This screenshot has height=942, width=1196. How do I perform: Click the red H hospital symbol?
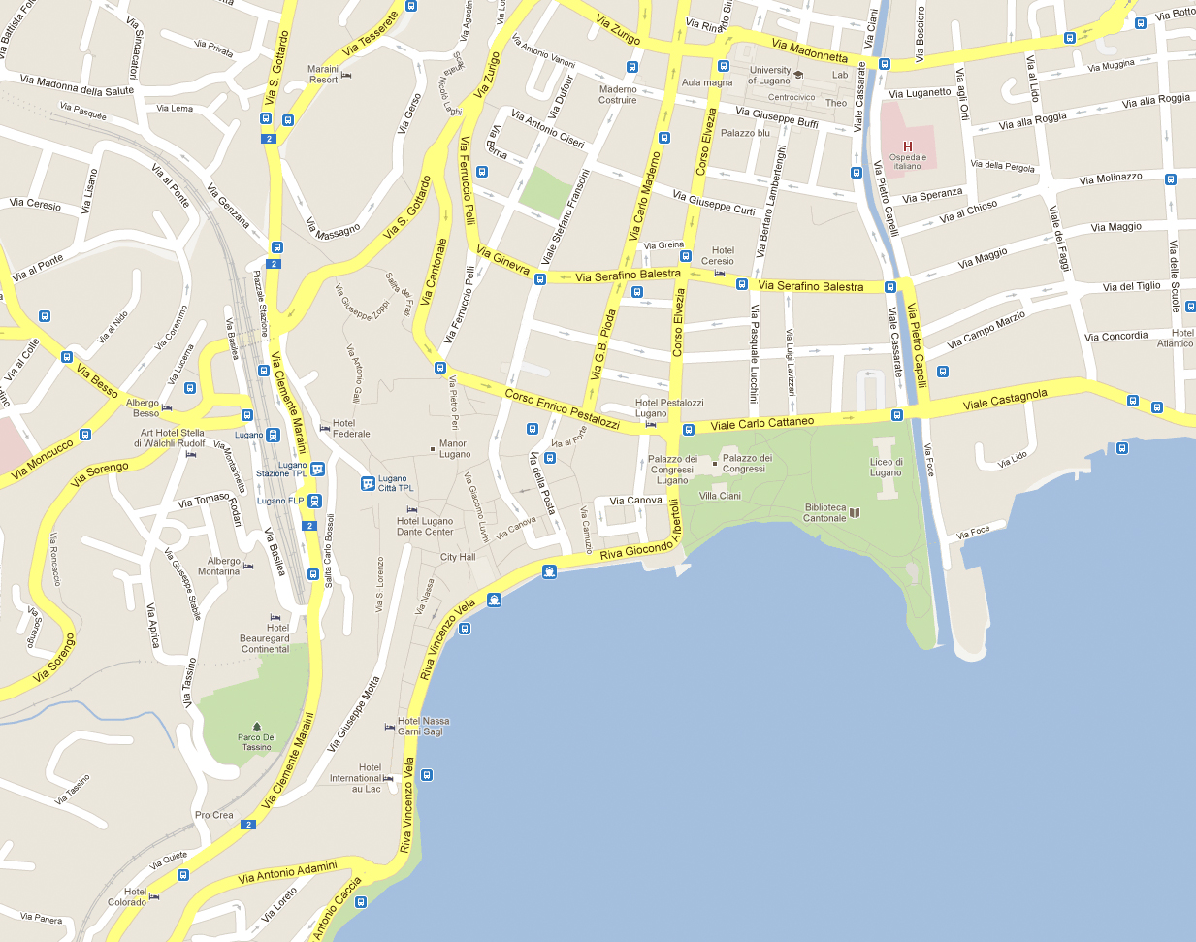click(908, 146)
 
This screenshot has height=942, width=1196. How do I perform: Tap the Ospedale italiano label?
click(908, 161)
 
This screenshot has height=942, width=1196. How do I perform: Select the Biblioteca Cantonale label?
click(824, 512)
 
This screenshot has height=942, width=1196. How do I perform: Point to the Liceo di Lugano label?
click(886, 468)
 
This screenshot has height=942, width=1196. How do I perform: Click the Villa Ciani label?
click(720, 496)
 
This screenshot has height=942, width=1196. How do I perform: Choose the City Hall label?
click(458, 557)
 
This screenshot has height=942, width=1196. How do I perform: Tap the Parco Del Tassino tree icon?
click(257, 726)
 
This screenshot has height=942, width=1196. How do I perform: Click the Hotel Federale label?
click(351, 428)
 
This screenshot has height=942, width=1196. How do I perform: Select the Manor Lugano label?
click(454, 448)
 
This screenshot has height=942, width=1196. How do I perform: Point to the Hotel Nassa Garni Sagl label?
click(423, 726)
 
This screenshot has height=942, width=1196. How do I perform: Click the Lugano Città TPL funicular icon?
click(368, 483)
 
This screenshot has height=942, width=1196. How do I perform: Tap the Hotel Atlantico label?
click(1176, 338)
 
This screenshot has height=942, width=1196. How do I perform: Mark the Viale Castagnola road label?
click(1005, 399)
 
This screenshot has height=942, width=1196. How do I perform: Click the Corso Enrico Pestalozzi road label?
click(562, 408)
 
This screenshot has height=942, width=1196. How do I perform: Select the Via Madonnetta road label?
click(810, 50)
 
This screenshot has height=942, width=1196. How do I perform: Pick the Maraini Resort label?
click(323, 74)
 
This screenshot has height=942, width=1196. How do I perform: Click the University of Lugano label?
click(770, 75)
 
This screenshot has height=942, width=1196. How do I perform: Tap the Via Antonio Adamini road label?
click(287, 872)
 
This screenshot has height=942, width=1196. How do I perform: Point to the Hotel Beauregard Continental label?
click(265, 638)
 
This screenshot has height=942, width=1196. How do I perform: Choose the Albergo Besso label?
click(143, 407)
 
